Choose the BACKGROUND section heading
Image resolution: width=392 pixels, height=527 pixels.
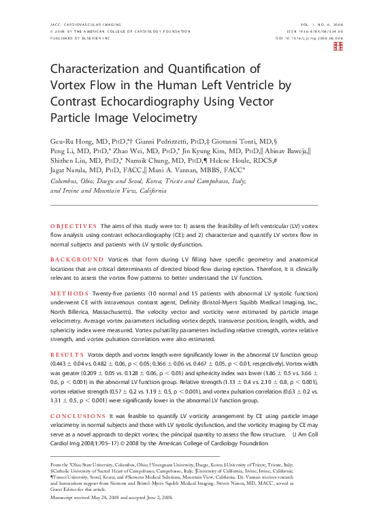click(74, 260)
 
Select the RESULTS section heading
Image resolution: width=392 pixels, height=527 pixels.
click(66, 355)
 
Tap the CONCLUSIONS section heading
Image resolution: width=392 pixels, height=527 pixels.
click(76, 415)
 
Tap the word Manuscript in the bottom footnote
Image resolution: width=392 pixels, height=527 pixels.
click(65, 498)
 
